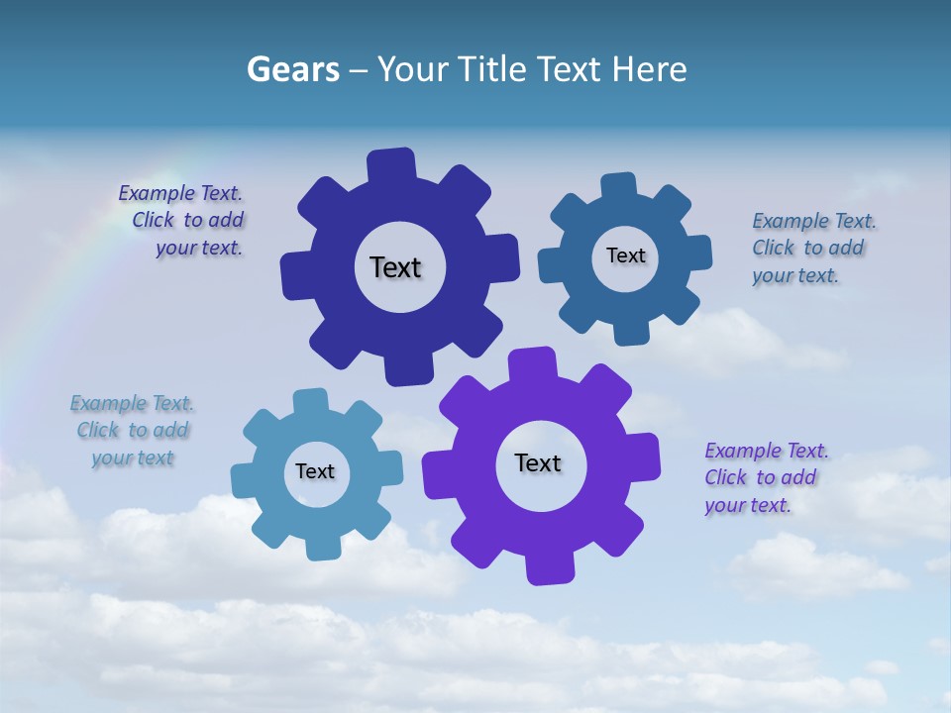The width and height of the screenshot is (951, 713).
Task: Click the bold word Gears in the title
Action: pos(292,70)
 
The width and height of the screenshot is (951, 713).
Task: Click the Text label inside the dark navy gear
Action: pos(395,267)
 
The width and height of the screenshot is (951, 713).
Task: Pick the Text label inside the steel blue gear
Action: pos(625,255)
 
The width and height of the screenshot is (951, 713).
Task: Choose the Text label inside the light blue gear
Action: pos(315,471)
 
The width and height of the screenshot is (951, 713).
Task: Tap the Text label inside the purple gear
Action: pos(538,462)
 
